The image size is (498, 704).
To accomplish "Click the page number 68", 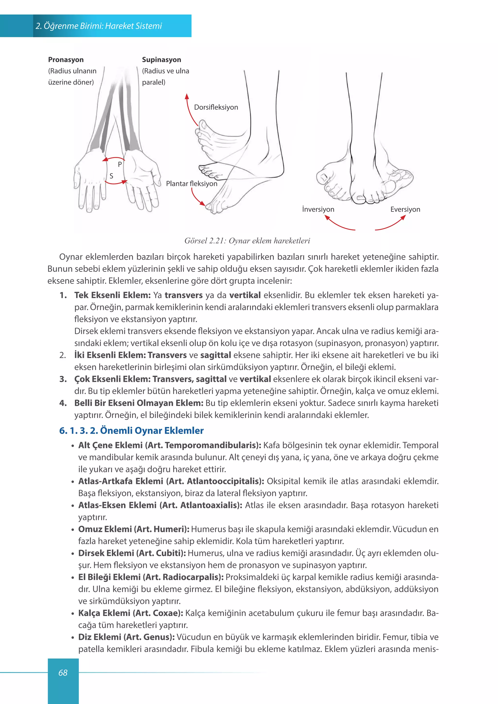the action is (x=63, y=673).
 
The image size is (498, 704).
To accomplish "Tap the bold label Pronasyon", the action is (x=66, y=60).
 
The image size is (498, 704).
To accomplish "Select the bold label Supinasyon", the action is (x=162, y=60).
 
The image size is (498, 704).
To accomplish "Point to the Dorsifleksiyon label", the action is (x=216, y=107).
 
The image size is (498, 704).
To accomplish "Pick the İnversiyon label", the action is (x=318, y=209).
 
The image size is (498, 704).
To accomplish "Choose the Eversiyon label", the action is (x=405, y=209).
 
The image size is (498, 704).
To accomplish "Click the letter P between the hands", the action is (x=120, y=164).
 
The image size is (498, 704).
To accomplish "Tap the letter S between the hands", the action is (x=111, y=176).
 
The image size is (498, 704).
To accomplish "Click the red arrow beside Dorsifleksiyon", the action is (x=189, y=110).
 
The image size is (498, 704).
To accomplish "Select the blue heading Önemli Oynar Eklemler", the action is (x=152, y=431).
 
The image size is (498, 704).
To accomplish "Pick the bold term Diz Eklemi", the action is (x=100, y=637).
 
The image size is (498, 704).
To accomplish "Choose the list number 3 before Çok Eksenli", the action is (x=63, y=379).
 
